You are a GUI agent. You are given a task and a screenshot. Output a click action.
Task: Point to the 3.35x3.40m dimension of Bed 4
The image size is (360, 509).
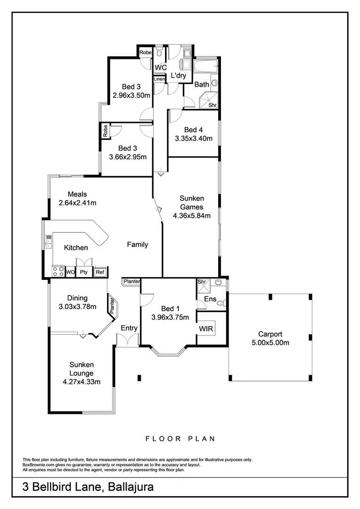click(x=193, y=139)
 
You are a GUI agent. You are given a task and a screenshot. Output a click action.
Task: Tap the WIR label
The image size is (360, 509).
click(x=205, y=328)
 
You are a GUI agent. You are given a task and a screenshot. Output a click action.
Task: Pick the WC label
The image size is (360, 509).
click(x=161, y=68)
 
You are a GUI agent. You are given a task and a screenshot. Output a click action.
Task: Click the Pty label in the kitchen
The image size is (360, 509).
click(x=84, y=272)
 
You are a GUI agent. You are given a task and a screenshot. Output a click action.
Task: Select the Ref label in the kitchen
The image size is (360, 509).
click(x=99, y=272)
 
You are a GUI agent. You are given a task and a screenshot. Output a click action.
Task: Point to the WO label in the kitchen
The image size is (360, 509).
click(x=70, y=272)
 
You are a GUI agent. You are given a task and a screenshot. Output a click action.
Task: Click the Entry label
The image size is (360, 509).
click(x=129, y=328)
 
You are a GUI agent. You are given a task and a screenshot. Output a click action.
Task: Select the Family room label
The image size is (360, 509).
click(x=138, y=245)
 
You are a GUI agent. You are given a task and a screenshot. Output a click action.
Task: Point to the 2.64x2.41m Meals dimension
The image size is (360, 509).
click(x=77, y=203)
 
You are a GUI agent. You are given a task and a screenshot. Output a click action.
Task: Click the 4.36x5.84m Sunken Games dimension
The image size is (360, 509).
click(x=191, y=215)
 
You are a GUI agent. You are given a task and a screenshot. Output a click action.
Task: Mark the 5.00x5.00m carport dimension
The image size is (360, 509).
click(x=270, y=343)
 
